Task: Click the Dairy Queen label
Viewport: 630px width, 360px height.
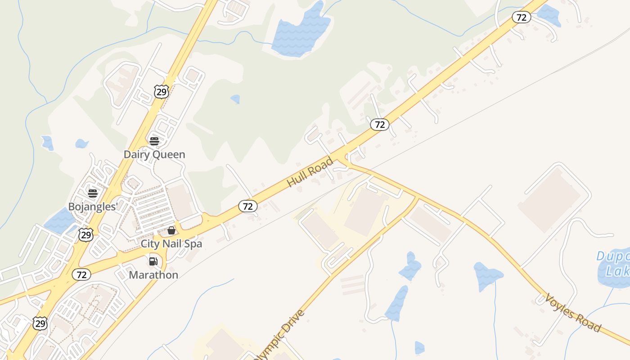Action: tap(154, 154)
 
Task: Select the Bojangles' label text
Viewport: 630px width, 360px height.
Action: tap(93, 207)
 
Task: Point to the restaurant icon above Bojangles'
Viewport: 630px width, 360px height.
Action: tap(93, 193)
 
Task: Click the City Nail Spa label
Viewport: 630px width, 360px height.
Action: tap(171, 243)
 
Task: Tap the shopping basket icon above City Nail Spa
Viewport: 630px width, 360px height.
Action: tap(171, 230)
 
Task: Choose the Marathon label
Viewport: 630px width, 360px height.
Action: tap(153, 274)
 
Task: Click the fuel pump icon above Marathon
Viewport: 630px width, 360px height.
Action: tap(153, 261)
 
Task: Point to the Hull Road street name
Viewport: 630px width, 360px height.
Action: tap(310, 172)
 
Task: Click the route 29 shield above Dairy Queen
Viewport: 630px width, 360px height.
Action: tap(161, 92)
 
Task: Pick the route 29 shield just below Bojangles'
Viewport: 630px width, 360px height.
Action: tap(85, 234)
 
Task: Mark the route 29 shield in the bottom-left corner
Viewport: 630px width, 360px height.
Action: tap(40, 323)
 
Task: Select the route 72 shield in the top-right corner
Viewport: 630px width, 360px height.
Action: tap(521, 18)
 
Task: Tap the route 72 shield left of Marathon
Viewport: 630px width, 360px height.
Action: tap(81, 274)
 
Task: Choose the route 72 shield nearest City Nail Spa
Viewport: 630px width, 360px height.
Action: tap(247, 206)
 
